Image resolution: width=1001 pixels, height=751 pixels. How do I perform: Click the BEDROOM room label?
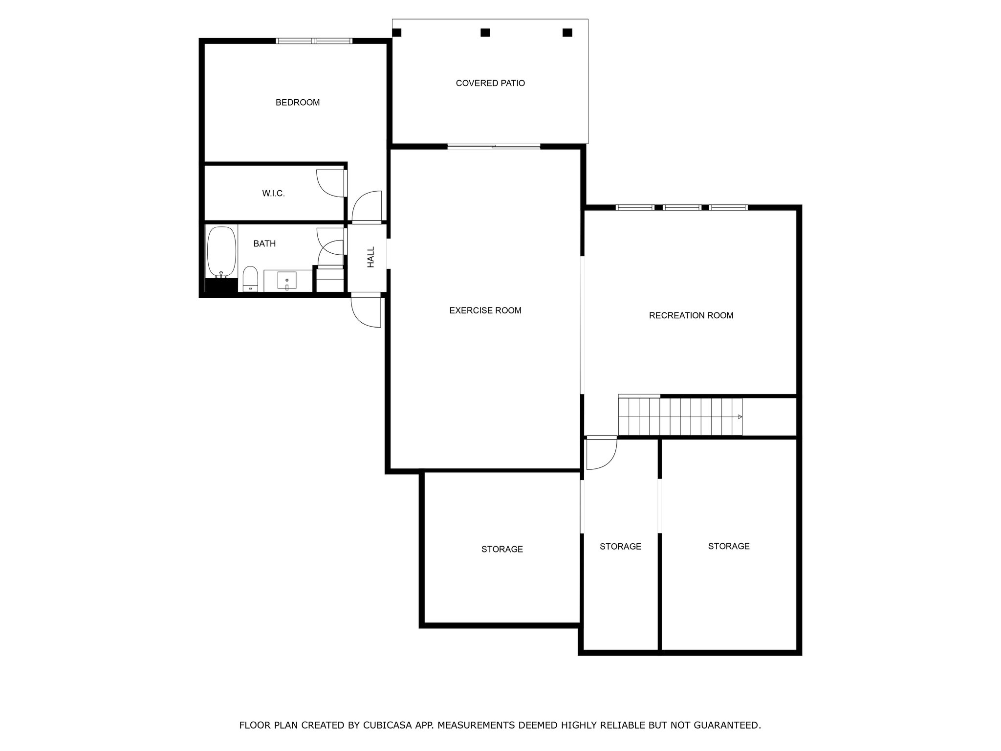(298, 102)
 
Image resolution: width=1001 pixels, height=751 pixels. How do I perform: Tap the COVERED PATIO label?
(490, 83)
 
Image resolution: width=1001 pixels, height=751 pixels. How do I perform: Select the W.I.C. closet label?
(273, 194)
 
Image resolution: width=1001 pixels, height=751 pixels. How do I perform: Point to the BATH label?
(264, 243)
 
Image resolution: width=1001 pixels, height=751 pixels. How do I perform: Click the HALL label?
(371, 257)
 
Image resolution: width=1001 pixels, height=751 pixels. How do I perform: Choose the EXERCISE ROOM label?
(485, 310)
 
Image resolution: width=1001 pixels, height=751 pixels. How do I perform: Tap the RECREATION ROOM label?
(691, 315)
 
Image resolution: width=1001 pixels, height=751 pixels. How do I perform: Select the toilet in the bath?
(250, 279)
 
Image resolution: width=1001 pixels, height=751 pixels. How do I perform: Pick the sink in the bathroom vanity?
(287, 281)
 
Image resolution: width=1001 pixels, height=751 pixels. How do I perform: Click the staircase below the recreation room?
(680, 416)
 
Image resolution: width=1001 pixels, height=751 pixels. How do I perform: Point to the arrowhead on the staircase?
(740, 417)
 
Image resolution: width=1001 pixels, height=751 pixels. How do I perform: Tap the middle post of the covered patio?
(485, 33)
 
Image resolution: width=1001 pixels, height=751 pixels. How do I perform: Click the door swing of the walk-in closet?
(331, 183)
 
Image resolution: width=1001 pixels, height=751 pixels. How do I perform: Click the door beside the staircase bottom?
(602, 453)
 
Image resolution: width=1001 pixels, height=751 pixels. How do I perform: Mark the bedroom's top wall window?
(314, 41)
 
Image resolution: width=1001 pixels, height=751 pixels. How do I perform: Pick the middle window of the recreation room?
(682, 208)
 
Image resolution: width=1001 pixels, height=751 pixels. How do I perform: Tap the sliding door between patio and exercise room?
(494, 146)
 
